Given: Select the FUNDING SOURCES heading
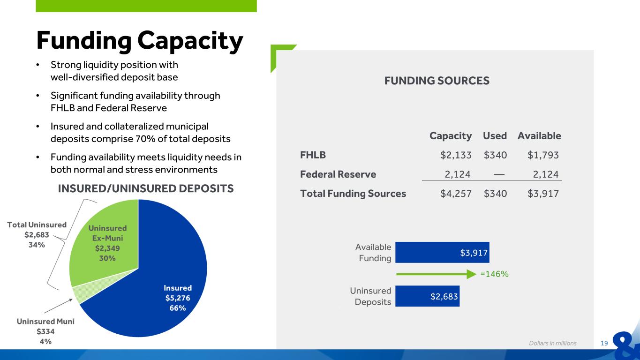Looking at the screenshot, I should click(x=437, y=81).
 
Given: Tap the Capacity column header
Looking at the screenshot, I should click(x=450, y=136).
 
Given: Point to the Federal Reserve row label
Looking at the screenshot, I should click(x=338, y=174).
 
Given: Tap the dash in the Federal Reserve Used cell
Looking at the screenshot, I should click(x=499, y=174).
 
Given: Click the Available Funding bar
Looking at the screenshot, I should click(x=442, y=252).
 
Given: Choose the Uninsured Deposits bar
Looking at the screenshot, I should click(x=427, y=296).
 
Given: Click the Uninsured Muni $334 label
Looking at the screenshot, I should click(x=45, y=331).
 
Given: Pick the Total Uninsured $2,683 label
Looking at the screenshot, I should click(x=37, y=235).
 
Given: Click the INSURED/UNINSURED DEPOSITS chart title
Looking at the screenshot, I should click(x=145, y=188).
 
